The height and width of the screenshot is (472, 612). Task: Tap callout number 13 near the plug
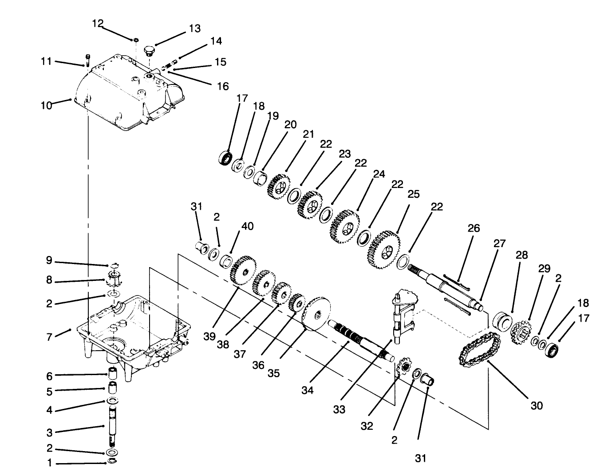194,28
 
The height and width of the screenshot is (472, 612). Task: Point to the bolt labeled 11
87,59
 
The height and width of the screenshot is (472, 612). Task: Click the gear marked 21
279,186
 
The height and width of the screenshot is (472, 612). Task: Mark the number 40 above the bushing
247,226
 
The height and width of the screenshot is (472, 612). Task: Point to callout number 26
474,228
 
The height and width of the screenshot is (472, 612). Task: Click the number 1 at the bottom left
50,463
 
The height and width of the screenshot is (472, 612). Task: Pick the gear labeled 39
243,270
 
